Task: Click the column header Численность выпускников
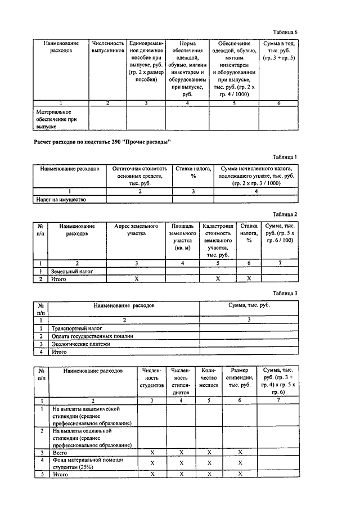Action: (107, 47)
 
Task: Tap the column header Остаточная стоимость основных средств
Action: (139, 172)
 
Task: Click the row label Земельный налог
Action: (71, 271)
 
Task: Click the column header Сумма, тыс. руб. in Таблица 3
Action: (249, 304)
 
